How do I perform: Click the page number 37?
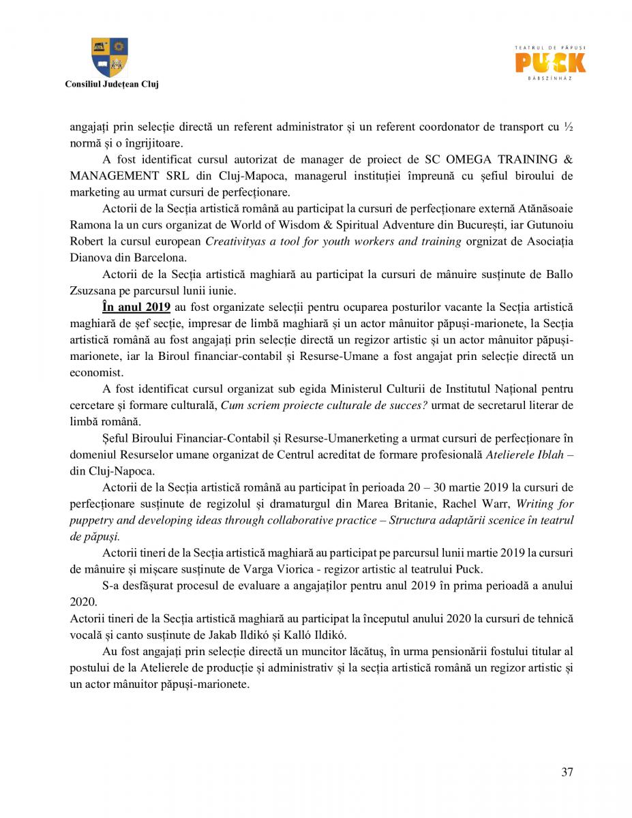(567, 772)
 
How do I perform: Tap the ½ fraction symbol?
(569, 127)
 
